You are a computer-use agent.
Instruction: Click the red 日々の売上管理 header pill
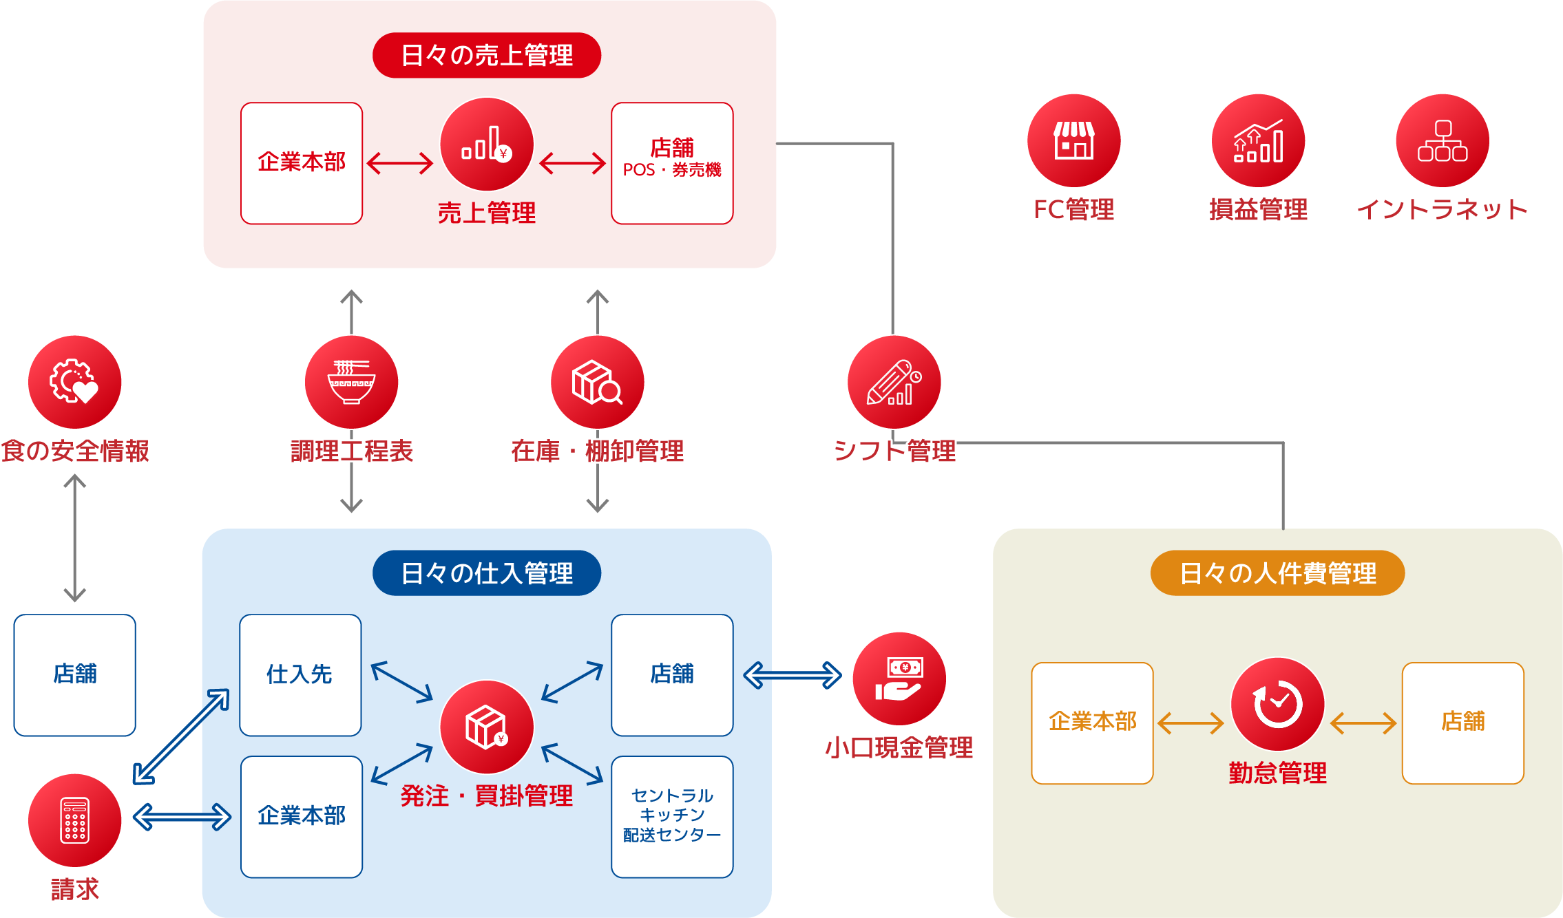point(486,55)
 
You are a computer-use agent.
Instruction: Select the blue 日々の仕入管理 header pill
point(486,573)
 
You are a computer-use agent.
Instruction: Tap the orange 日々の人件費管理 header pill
point(1277,573)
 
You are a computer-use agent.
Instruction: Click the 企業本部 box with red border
point(302,163)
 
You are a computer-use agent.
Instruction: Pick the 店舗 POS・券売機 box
point(672,163)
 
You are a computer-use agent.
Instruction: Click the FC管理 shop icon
point(1073,140)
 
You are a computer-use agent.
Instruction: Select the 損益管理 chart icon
point(1258,140)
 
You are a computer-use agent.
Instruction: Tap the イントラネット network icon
point(1443,140)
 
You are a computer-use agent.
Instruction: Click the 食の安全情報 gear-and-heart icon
point(74,382)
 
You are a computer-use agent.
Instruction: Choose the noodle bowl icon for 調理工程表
point(351,382)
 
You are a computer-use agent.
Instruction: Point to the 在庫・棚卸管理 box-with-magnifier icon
point(597,382)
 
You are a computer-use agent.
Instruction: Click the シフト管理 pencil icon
point(894,382)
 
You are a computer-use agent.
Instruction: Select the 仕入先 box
point(300,675)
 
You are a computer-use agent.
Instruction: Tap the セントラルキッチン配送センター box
point(672,817)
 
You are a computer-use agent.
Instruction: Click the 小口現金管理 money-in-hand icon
point(899,679)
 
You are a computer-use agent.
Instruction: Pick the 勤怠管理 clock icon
point(1277,704)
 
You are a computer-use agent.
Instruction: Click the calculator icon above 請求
point(74,820)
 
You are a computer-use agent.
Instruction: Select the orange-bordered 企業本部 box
point(1092,723)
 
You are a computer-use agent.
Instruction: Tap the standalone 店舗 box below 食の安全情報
point(74,675)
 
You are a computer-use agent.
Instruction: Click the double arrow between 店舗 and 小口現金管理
point(793,675)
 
